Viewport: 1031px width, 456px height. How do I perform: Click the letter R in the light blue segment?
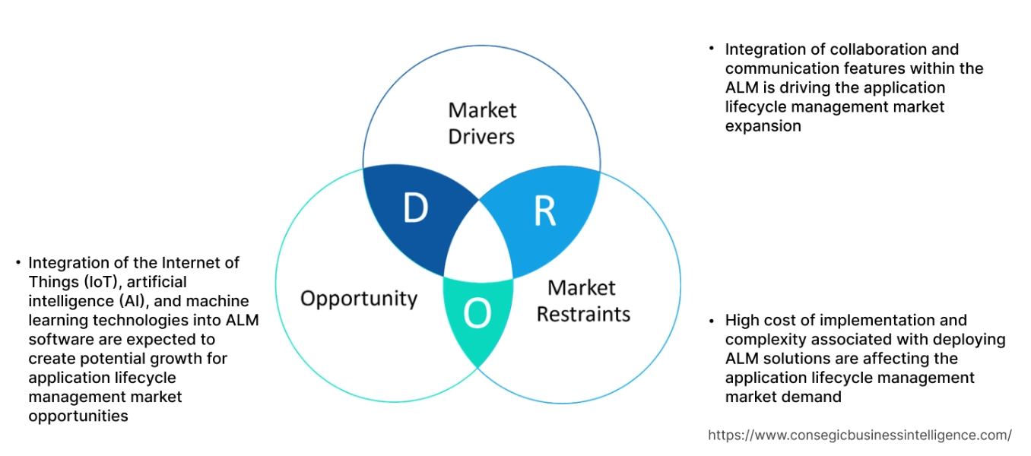coord(544,212)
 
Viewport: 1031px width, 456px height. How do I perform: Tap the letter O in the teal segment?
coord(477,313)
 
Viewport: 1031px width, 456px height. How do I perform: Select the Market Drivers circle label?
coord(481,123)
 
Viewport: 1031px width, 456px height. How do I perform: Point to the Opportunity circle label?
coord(359,298)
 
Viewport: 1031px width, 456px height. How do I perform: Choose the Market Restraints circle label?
coord(583,301)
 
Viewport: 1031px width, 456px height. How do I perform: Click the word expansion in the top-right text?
coord(763,126)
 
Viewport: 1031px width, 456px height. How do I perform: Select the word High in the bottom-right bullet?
coord(741,320)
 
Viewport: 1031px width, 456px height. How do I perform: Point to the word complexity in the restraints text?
coord(763,339)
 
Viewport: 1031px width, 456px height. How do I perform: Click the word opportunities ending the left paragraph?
coord(78,416)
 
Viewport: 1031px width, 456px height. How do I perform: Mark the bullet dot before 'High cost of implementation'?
coord(712,320)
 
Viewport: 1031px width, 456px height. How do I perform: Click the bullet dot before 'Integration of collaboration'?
coord(712,49)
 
